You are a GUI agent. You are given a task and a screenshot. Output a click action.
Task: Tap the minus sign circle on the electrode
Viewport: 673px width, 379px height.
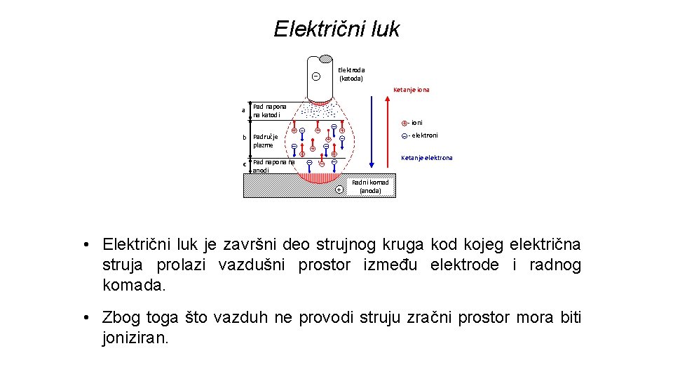pyautogui.click(x=315, y=77)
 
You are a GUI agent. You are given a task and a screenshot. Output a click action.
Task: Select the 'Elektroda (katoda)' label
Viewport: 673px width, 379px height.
pyautogui.click(x=351, y=74)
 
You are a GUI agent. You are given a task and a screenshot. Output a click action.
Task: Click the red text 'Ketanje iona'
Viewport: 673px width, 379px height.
pyautogui.click(x=412, y=90)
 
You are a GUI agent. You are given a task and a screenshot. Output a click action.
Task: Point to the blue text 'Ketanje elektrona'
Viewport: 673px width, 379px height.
pyautogui.click(x=427, y=158)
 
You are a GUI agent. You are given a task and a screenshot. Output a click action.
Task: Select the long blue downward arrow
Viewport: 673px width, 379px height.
pyautogui.click(x=369, y=133)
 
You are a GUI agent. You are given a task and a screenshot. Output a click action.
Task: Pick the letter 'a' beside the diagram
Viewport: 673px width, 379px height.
pyautogui.click(x=243, y=110)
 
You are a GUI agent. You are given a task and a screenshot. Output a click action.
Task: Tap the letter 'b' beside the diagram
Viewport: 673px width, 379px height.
pyautogui.click(x=244, y=137)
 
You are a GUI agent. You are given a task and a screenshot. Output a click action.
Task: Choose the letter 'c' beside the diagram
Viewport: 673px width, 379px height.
pyautogui.click(x=244, y=164)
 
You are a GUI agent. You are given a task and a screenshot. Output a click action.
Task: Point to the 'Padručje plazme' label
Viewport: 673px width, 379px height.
pyautogui.click(x=266, y=140)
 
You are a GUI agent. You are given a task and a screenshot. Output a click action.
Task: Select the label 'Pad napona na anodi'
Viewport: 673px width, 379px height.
pyautogui.click(x=272, y=166)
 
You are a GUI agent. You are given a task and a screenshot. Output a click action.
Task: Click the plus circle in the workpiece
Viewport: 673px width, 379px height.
pyautogui.click(x=339, y=189)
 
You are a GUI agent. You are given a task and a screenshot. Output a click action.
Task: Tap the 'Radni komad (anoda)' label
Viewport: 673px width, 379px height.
pyautogui.click(x=370, y=187)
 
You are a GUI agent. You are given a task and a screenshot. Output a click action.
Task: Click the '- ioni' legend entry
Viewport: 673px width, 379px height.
pyautogui.click(x=413, y=123)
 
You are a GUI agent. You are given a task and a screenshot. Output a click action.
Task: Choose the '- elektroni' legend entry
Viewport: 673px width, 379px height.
pyautogui.click(x=421, y=135)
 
